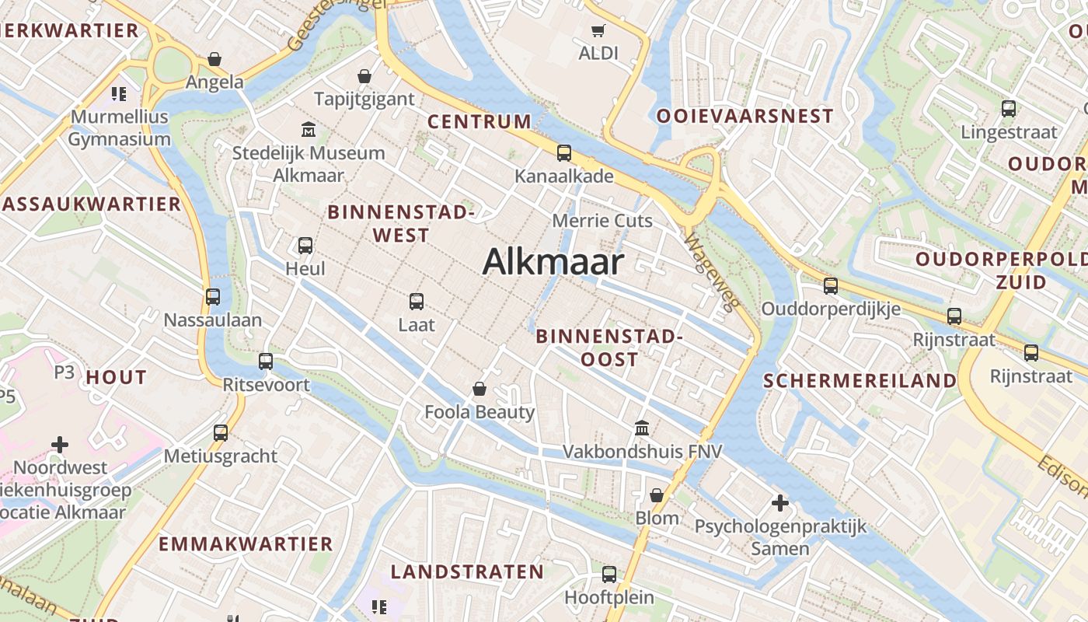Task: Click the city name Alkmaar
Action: click(553, 262)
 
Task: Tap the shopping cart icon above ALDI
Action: click(598, 31)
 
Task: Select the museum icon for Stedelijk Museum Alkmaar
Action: click(309, 129)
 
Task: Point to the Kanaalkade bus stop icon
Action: click(563, 153)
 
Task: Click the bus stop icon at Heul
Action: click(305, 246)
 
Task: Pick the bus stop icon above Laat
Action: click(417, 301)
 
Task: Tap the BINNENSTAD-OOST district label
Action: click(609, 348)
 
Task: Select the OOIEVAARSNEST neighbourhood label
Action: click(745, 117)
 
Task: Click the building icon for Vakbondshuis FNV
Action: click(642, 428)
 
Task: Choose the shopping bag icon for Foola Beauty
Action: click(479, 389)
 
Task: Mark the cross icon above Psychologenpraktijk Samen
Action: click(780, 503)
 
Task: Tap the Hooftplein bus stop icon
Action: click(609, 575)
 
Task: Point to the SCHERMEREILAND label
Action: click(860, 381)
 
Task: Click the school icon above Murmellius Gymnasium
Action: click(118, 94)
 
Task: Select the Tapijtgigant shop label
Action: click(364, 100)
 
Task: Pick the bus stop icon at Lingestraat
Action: click(1009, 109)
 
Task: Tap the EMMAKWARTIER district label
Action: click(246, 543)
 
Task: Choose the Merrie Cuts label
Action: click(602, 221)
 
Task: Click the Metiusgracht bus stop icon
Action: click(221, 432)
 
